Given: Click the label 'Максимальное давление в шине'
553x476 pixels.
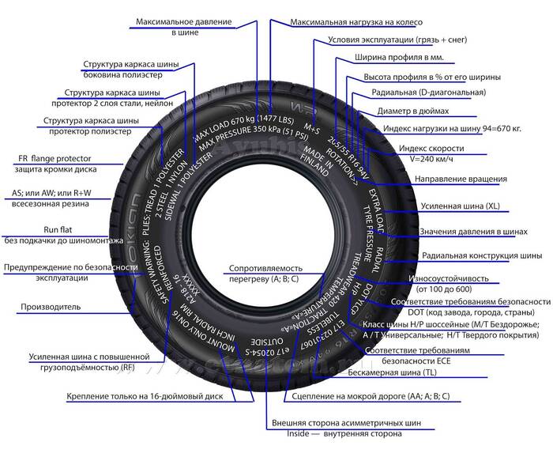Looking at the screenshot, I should coord(183,26).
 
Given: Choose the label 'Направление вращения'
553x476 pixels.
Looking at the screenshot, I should coord(461,179).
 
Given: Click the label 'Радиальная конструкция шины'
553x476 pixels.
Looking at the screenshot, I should coord(482,255).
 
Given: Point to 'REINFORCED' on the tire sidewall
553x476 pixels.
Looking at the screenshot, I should coord(171,273).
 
